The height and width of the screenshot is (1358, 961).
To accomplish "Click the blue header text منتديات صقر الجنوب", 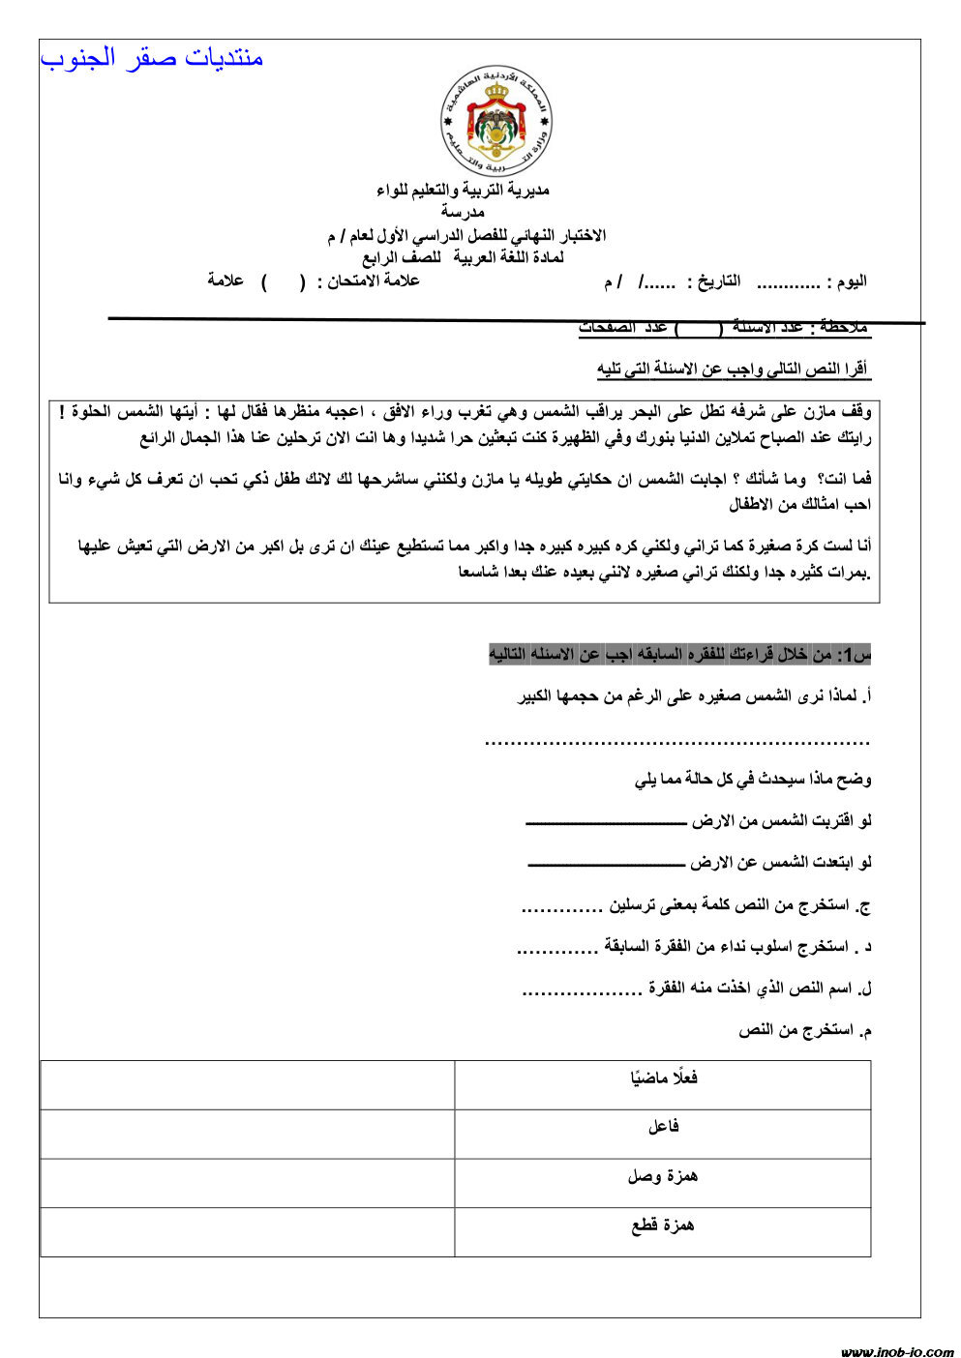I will click(x=152, y=58).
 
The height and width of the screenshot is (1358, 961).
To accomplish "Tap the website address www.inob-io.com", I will click(x=896, y=1351).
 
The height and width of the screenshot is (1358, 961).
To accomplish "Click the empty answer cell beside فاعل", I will click(x=248, y=1134).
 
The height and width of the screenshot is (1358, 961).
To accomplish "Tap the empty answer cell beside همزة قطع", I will click(x=248, y=1232).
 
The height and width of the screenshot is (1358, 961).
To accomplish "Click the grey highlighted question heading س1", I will click(x=679, y=655).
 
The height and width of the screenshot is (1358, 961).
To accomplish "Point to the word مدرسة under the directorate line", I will click(x=463, y=212).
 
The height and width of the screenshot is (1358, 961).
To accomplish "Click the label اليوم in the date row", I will click(x=848, y=281).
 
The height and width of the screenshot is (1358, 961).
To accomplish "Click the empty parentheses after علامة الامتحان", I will click(x=283, y=281).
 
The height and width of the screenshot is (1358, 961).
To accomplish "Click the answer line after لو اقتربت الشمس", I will click(x=605, y=823).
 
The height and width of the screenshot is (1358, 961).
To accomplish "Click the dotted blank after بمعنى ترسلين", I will click(x=561, y=909).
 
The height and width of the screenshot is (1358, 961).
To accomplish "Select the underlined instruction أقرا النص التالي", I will click(x=733, y=369).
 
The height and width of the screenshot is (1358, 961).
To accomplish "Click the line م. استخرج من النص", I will click(x=805, y=1031).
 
